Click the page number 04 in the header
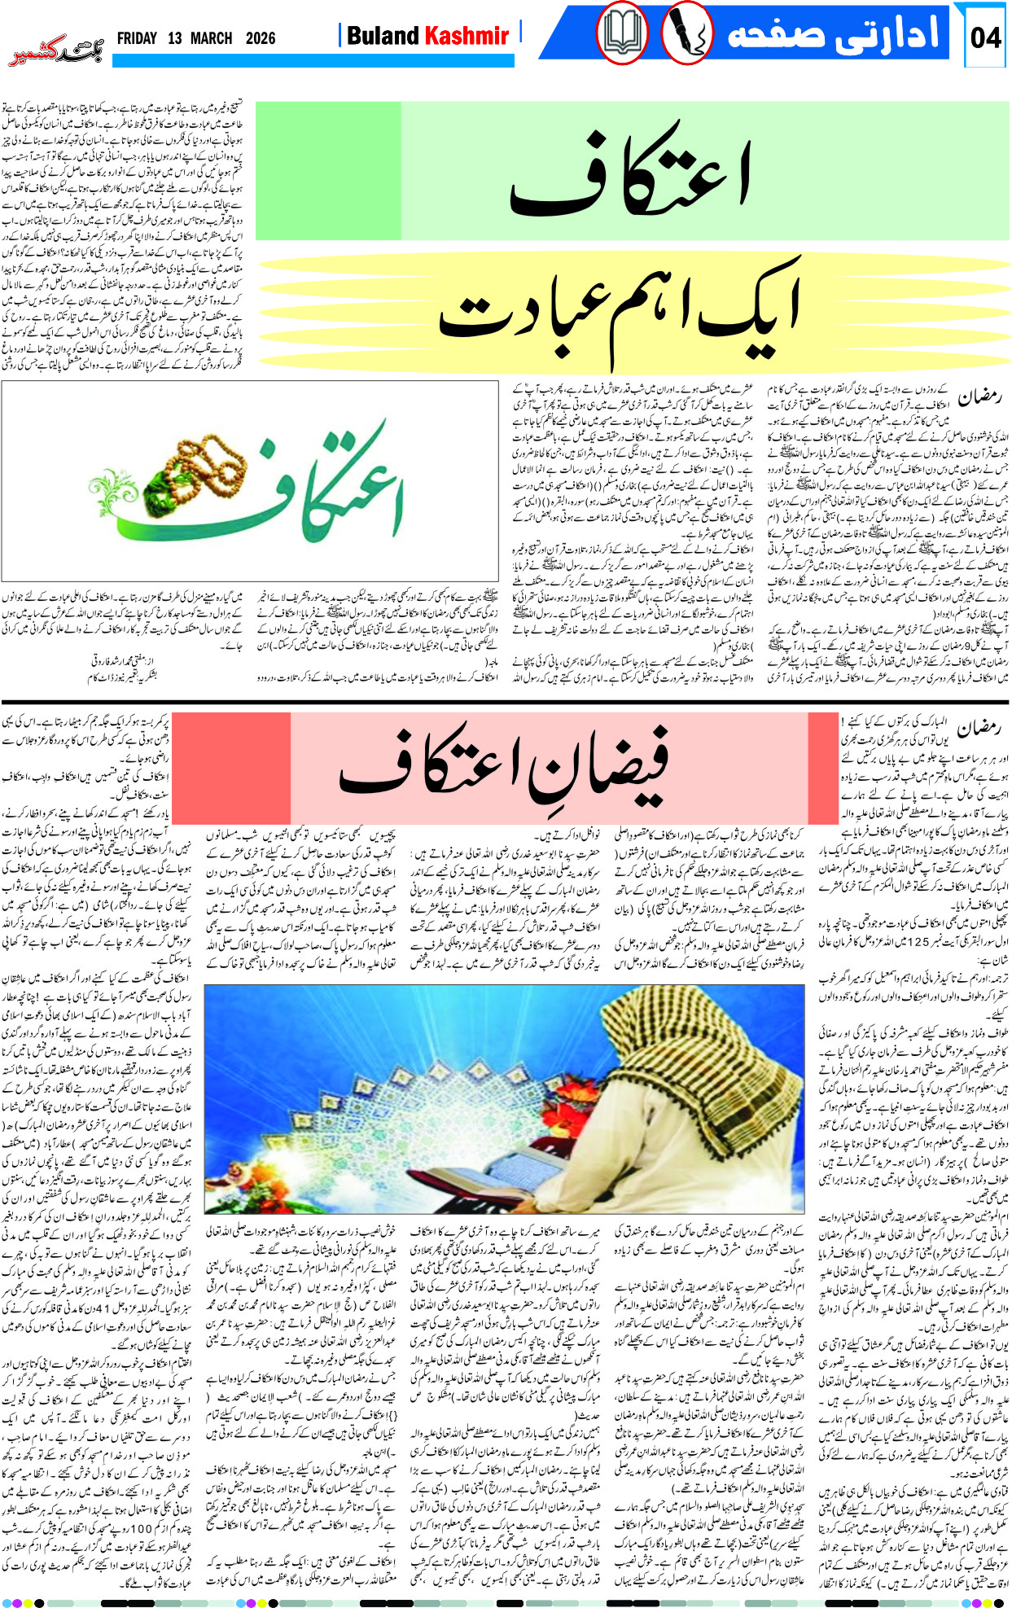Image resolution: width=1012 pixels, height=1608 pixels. pyautogui.click(x=985, y=37)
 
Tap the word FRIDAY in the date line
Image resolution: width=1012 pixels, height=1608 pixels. pyautogui.click(x=137, y=38)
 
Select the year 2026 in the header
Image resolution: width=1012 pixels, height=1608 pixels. pyautogui.click(x=260, y=38)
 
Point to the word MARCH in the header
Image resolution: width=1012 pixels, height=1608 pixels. pyautogui.click(x=211, y=38)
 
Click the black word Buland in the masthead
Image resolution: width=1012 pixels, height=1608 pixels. pyautogui.click(x=382, y=36)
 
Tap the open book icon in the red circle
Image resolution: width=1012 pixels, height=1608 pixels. pyautogui.click(x=623, y=35)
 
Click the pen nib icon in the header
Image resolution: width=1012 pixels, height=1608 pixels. pyautogui.click(x=686, y=35)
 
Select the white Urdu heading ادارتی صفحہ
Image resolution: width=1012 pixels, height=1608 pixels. pyautogui.click(x=832, y=34)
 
